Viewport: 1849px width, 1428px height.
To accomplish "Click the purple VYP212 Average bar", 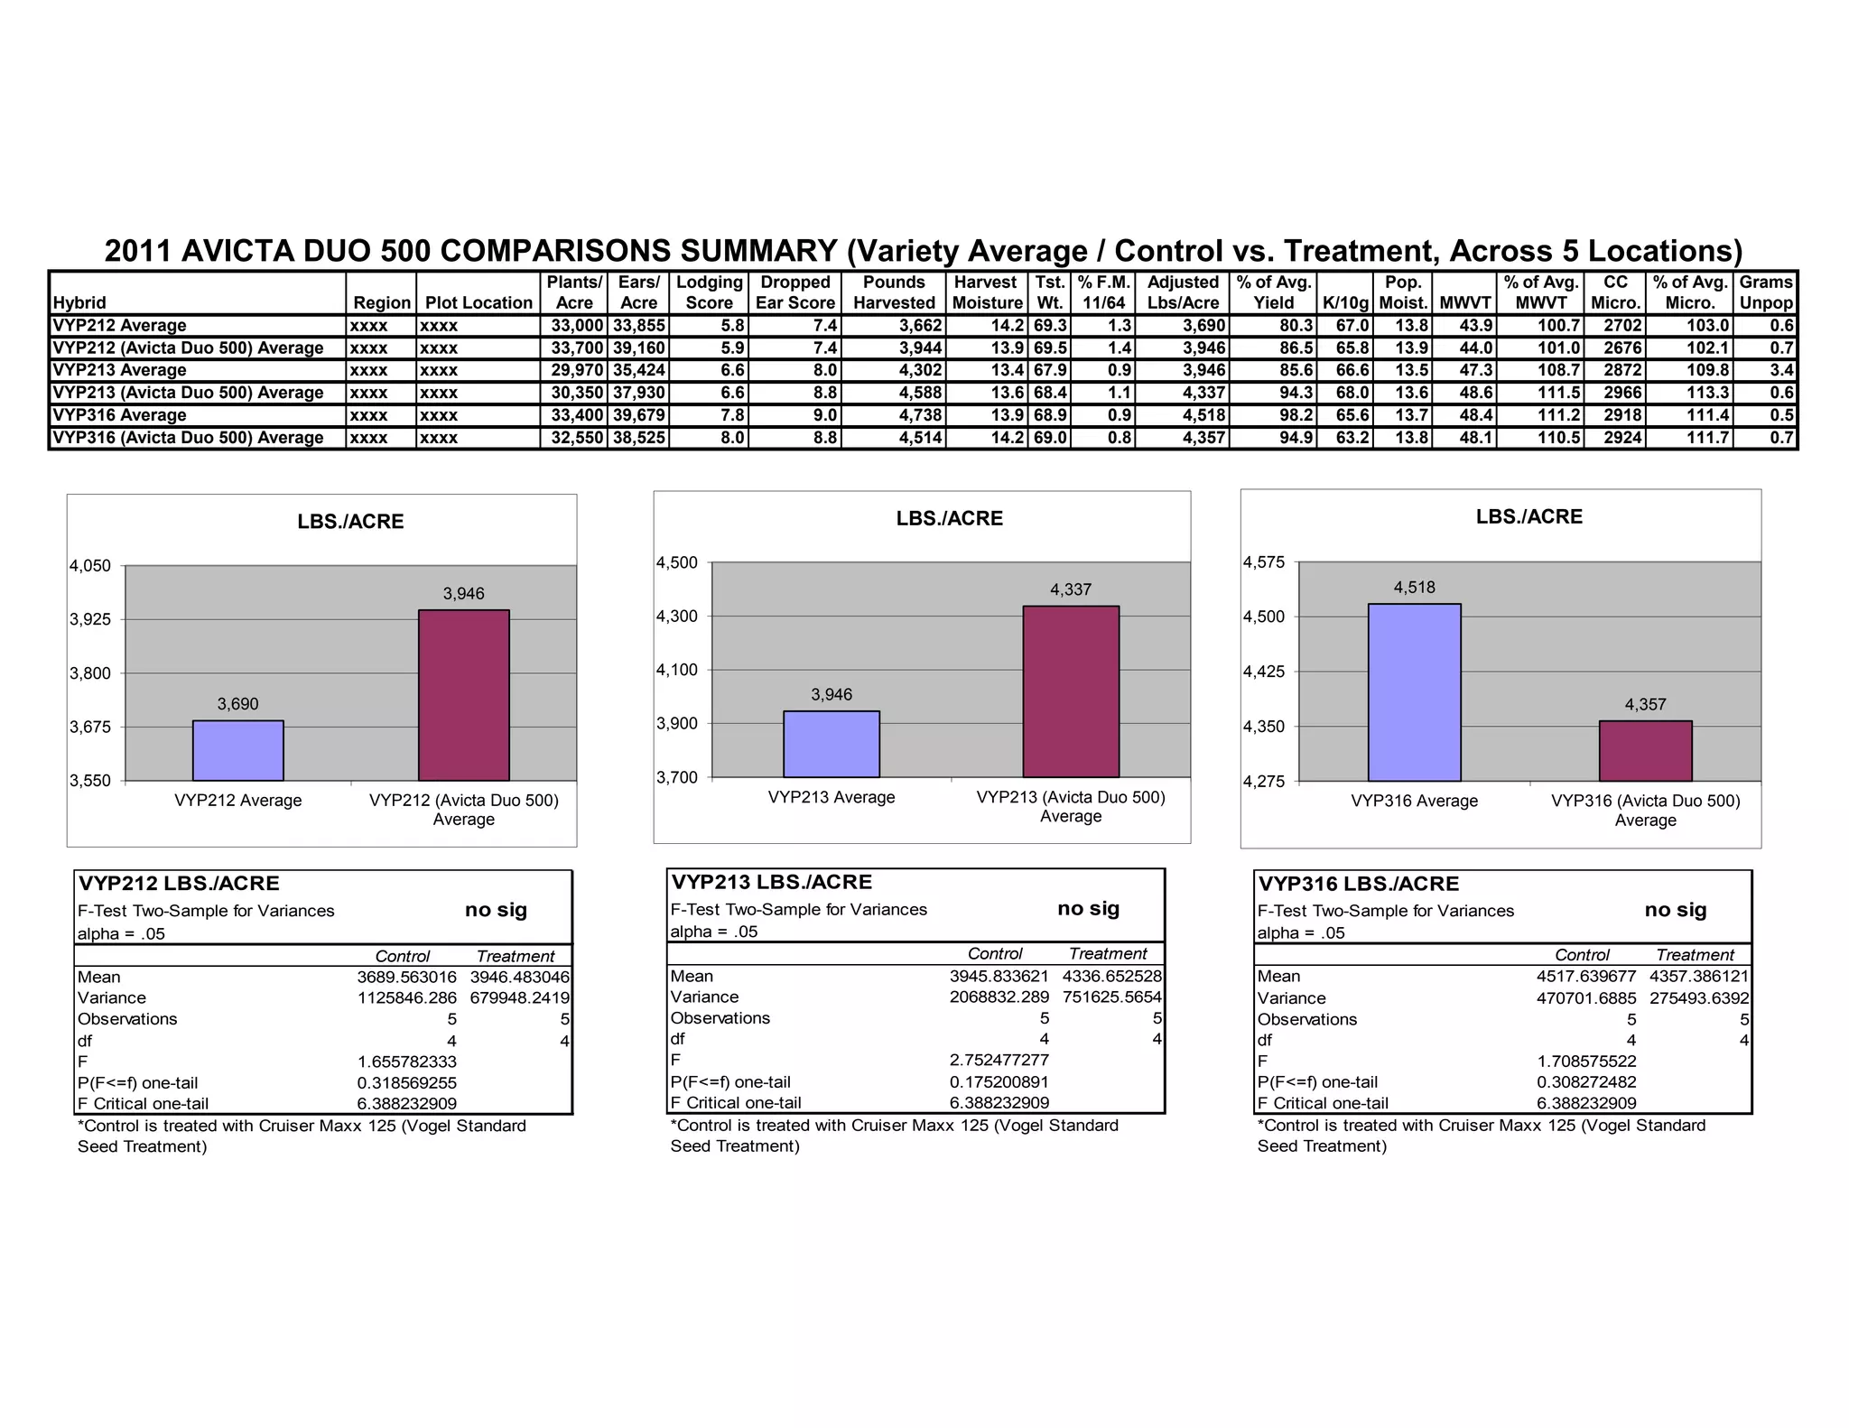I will pos(238,750).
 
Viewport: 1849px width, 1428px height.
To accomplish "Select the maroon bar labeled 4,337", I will pos(1071,691).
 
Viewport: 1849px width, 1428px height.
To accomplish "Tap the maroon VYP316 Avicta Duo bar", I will pos(1645,751).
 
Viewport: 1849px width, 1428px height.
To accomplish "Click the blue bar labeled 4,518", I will pos(1414,692).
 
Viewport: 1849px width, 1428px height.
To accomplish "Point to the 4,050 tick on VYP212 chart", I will pos(90,566).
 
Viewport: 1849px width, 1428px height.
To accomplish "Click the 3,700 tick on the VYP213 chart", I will pos(677,777).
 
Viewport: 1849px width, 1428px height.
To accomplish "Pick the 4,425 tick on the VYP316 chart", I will pos(1264,672).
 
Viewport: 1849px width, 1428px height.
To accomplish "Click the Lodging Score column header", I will pos(709,292).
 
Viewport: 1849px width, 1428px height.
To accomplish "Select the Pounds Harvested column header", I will pos(894,292).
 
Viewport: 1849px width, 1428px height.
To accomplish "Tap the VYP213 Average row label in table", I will pos(120,370).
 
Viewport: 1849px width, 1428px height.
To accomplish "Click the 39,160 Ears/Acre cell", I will pos(638,348).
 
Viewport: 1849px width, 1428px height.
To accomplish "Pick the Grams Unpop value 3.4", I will pos(1781,370).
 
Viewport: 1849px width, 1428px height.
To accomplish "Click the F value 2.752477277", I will pos(999,1060).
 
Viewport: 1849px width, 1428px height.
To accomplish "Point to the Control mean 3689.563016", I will pos(406,977).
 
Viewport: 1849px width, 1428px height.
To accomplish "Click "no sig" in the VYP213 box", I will pos(1088,908).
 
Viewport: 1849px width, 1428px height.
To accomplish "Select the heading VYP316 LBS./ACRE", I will pos(1358,884).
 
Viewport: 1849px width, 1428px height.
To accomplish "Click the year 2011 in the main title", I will pos(138,250).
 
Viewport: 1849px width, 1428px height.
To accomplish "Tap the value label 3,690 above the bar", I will pos(238,704).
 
